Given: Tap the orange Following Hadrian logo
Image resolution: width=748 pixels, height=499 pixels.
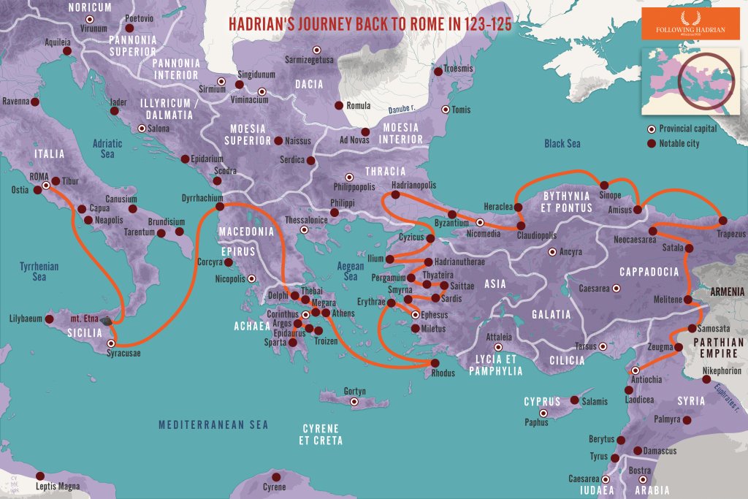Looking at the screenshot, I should (x=690, y=24).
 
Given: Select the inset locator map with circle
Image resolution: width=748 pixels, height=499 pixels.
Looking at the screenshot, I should (x=690, y=80).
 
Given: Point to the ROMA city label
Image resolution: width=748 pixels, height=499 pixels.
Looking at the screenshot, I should (x=39, y=176).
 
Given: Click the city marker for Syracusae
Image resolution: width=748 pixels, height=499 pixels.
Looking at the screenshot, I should (x=111, y=343).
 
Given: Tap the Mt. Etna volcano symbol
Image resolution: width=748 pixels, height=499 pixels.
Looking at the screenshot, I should (x=107, y=320).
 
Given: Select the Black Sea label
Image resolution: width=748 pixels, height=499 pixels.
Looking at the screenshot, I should (x=562, y=144).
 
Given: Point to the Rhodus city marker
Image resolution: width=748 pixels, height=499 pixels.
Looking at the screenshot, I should (x=435, y=363).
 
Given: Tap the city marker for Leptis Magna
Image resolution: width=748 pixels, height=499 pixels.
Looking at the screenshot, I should (x=41, y=475).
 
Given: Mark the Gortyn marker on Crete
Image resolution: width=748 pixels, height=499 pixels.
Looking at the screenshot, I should (x=355, y=402).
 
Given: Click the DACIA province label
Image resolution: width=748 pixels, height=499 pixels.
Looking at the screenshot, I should (x=309, y=84).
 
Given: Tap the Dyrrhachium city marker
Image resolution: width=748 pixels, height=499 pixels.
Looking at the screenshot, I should (x=219, y=207).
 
